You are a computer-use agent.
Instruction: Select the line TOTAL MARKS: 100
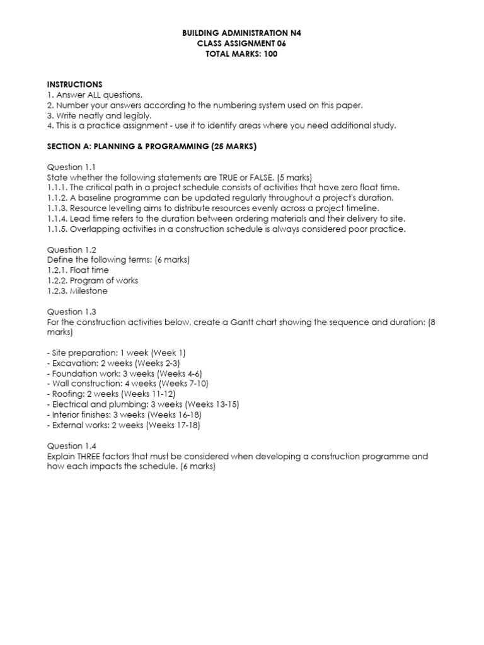click(x=242, y=54)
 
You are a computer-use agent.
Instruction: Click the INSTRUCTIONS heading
click(x=75, y=84)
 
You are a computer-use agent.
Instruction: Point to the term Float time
click(x=89, y=270)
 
